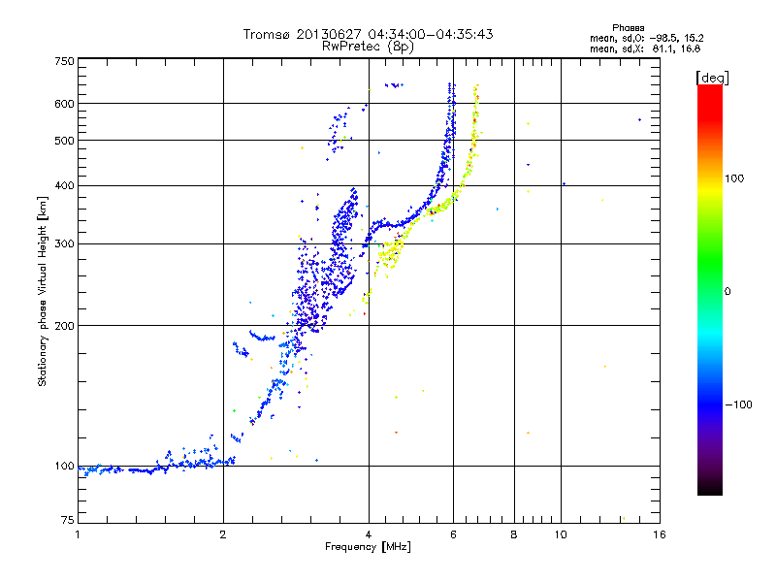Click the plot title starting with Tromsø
pos(368,34)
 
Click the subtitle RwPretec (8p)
pos(368,46)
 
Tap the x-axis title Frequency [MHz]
pos(368,546)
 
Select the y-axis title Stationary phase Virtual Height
pos(43,291)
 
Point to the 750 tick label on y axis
pos(64,61)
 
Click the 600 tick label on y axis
pos(64,104)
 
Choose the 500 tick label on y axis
pos(64,141)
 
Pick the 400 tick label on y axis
pos(64,185)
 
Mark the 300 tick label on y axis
pos(64,243)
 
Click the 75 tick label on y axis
pos(67,522)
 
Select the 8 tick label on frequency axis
pos(513,534)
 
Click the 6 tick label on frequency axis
pos(453,534)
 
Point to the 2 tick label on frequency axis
pos(223,534)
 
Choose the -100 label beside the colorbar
pos(739,404)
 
